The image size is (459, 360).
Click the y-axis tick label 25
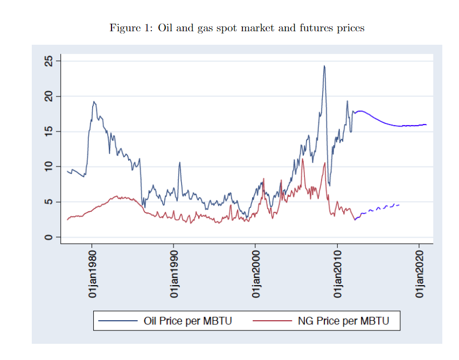pos(49,61)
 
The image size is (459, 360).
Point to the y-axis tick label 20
pos(49,96)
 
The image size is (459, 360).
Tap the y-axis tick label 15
pos(49,131)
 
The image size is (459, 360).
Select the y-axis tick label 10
pos(49,167)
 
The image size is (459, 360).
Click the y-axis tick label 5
pos(49,202)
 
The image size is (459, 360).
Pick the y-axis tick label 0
pos(49,237)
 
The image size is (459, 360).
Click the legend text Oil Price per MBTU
pos(187,321)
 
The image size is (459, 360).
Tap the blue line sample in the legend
pos(118,321)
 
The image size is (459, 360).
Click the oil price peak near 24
pos(324,66)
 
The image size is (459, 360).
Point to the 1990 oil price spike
pos(180,162)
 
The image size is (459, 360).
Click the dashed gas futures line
pos(380,207)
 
